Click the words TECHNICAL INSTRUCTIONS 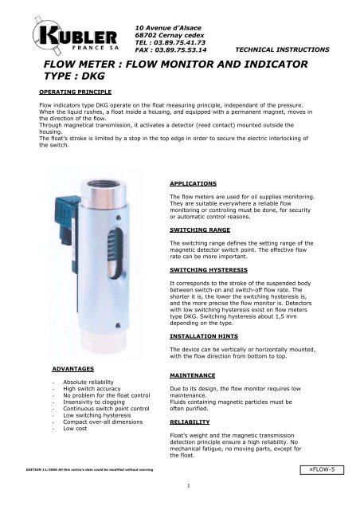[x=283, y=49]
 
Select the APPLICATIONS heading [x=196, y=182]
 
